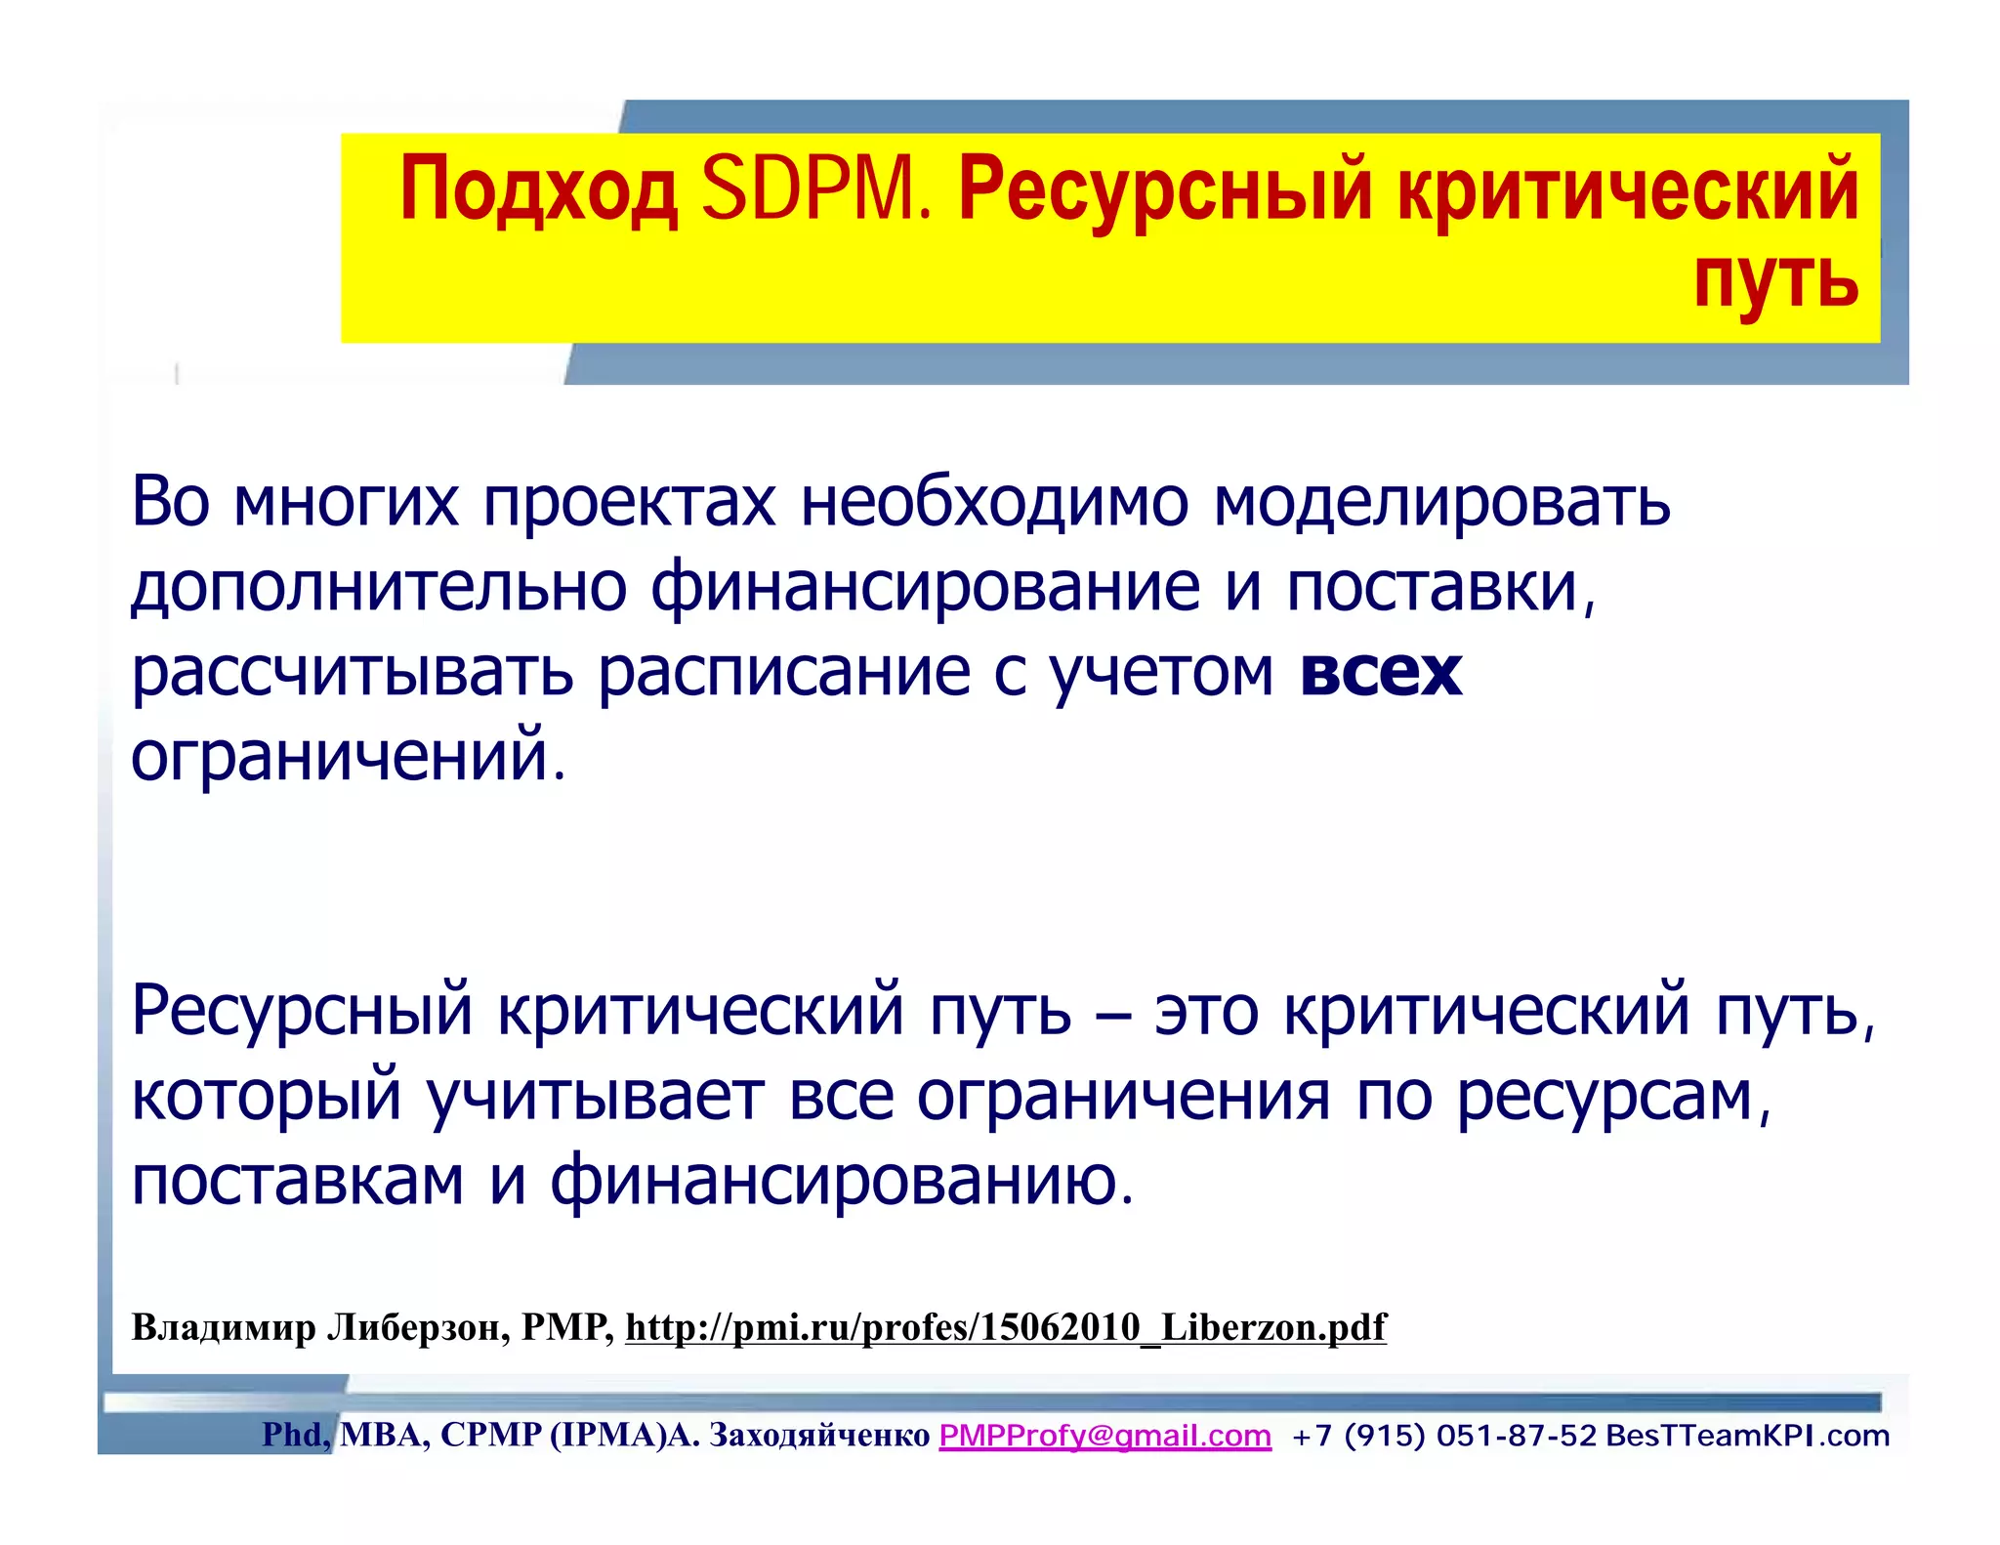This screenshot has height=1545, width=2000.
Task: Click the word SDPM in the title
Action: click(x=815, y=189)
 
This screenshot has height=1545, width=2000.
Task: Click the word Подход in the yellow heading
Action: click(x=538, y=189)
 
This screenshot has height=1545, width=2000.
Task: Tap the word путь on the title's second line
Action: click(x=1775, y=279)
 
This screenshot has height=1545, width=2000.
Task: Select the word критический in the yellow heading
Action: click(x=1627, y=189)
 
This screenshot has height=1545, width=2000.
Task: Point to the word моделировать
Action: click(x=1441, y=502)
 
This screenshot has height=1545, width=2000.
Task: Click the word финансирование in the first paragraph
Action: click(x=925, y=588)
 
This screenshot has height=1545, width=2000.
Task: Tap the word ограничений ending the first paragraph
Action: click(x=348, y=756)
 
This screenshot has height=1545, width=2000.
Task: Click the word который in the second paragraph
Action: click(x=266, y=1096)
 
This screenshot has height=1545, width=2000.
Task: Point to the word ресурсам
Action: click(x=1613, y=1096)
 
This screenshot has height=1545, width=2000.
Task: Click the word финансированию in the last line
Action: click(x=841, y=1180)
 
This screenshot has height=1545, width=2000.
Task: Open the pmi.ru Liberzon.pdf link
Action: click(x=1005, y=1327)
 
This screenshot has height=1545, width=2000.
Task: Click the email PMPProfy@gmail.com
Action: click(x=1104, y=1436)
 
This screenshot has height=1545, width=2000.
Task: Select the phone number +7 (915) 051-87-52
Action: click(x=1443, y=1436)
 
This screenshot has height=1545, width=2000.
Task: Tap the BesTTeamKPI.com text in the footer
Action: click(x=1747, y=1436)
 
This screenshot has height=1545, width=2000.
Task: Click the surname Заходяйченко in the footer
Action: click(x=818, y=1436)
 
